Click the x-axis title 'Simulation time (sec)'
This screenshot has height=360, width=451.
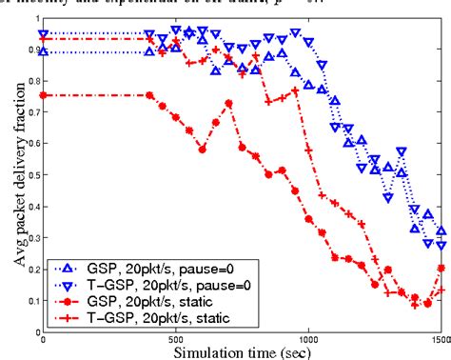245,350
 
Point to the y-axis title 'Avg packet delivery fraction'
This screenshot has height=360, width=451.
11,174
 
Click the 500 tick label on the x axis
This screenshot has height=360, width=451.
176,336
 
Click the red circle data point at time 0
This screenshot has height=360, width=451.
44,95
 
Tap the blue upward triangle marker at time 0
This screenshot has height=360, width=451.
44,51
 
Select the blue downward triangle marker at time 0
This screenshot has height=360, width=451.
44,33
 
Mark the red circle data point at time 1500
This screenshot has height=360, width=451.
441,268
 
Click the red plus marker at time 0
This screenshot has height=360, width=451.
44,39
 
